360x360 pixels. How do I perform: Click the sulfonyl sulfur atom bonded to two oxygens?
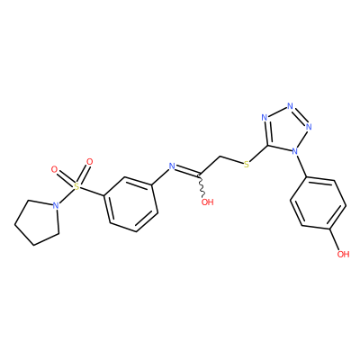(77, 187)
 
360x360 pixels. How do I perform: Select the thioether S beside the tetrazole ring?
(247, 165)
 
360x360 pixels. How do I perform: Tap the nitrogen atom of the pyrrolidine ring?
(55, 205)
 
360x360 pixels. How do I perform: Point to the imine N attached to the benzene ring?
(172, 166)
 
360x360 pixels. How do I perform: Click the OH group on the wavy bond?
(207, 202)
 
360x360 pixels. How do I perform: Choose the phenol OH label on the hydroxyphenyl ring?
(343, 255)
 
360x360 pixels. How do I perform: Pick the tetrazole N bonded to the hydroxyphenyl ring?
(295, 151)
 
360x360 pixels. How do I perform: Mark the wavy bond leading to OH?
(202, 185)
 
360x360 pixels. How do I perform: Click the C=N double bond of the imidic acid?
(186, 170)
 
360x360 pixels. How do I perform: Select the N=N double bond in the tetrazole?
(300, 116)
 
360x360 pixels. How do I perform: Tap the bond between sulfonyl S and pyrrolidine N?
(66, 196)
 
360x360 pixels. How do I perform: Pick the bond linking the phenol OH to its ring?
(335, 239)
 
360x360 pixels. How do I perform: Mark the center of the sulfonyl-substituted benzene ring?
(130, 204)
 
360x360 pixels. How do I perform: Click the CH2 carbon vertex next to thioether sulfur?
(220, 157)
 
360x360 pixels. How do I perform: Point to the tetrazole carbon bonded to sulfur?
(268, 146)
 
